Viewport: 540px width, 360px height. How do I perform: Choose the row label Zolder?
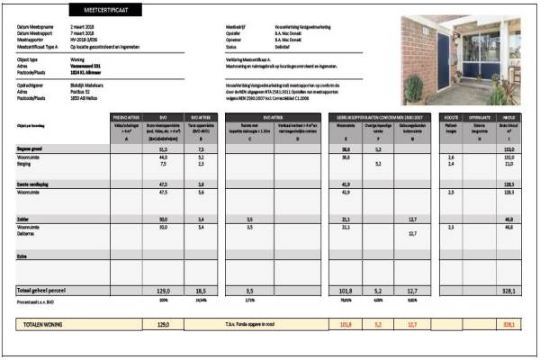point(24,219)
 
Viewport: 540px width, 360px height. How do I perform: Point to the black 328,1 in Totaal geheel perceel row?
point(508,291)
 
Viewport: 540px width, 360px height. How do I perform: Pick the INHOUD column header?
point(508,117)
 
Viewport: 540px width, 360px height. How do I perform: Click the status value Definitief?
point(287,48)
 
